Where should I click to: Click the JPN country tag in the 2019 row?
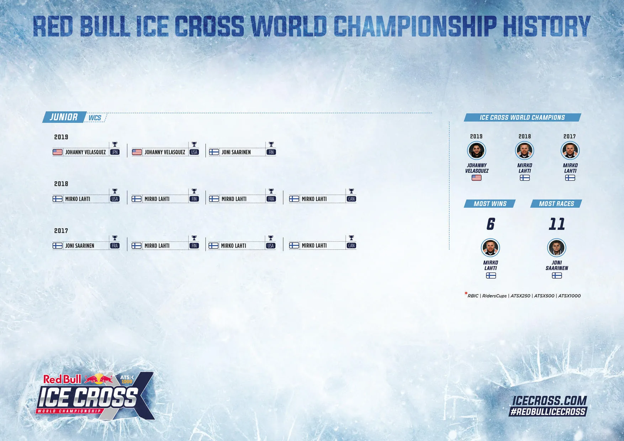(x=115, y=152)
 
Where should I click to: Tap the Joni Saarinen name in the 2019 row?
(x=236, y=152)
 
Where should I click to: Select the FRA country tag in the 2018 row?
(x=271, y=199)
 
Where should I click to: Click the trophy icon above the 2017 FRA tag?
(x=115, y=238)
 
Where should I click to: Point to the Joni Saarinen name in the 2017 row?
(x=80, y=246)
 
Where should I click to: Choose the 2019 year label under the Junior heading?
(x=61, y=137)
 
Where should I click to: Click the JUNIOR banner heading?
(x=64, y=117)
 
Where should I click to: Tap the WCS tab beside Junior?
(x=95, y=118)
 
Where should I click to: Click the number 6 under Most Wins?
(x=491, y=224)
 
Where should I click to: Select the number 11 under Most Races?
(x=557, y=224)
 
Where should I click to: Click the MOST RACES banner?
(x=556, y=204)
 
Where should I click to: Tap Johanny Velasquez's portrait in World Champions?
(x=476, y=151)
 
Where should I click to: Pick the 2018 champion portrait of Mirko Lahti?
(x=524, y=151)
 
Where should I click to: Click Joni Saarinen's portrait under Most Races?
(x=556, y=248)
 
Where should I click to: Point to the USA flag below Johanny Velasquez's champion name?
(x=476, y=178)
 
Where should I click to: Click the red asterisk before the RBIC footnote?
(x=466, y=294)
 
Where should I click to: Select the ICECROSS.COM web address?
(x=549, y=401)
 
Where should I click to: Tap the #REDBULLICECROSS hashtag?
(x=548, y=412)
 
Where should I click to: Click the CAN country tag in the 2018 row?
(x=351, y=199)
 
